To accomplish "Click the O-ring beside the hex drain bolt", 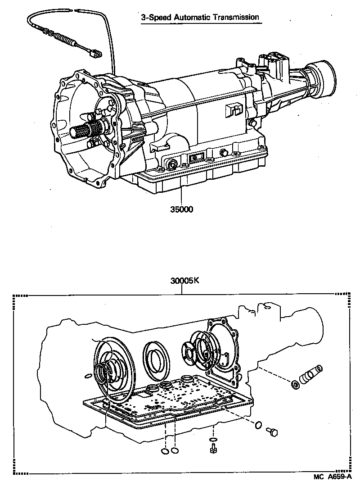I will [258, 424].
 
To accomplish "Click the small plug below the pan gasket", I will [213, 449].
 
